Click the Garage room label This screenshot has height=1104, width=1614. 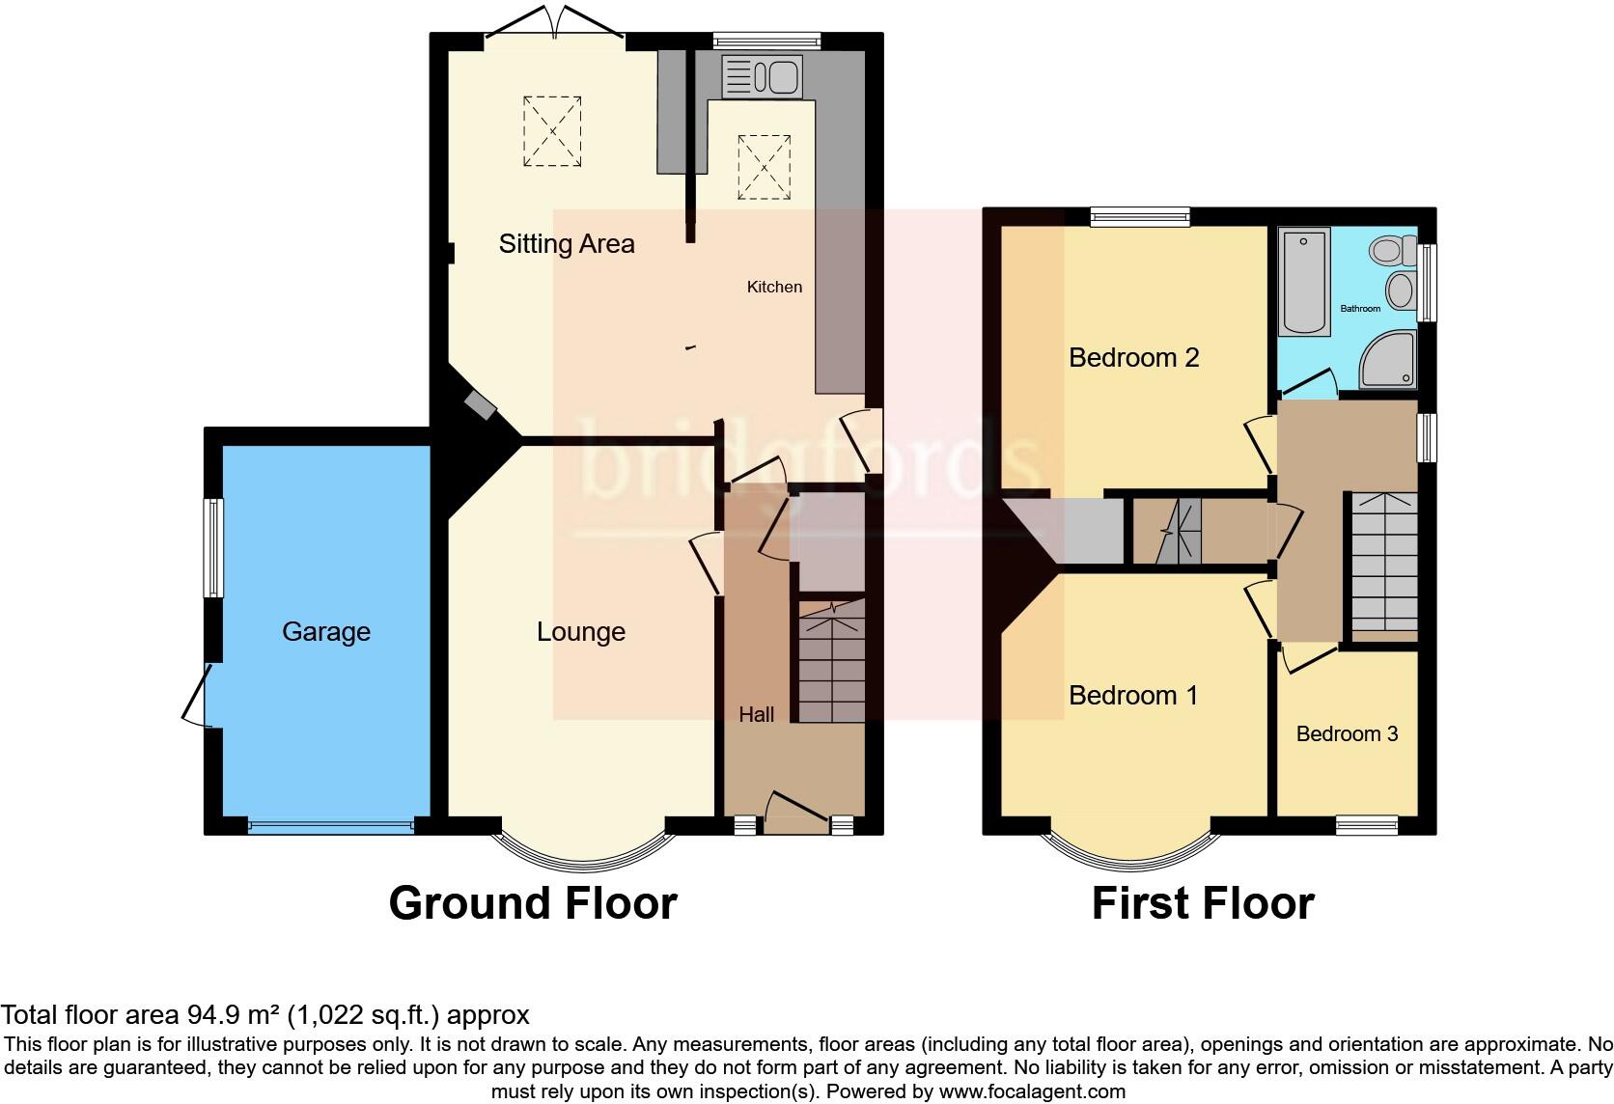326,632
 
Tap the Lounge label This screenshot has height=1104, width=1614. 581,632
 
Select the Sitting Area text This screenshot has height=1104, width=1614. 567,244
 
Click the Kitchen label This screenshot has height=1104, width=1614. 774,287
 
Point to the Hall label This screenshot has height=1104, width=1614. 757,715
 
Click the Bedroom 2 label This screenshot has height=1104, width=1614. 1133,358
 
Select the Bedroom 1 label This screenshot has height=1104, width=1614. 1133,696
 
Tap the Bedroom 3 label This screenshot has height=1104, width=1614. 1347,734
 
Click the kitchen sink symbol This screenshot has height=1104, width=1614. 762,77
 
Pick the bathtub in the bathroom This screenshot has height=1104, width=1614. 1304,281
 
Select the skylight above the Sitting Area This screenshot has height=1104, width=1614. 552,131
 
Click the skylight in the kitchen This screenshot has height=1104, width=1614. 764,167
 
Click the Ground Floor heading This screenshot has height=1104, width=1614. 533,904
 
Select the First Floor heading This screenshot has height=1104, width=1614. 1203,904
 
